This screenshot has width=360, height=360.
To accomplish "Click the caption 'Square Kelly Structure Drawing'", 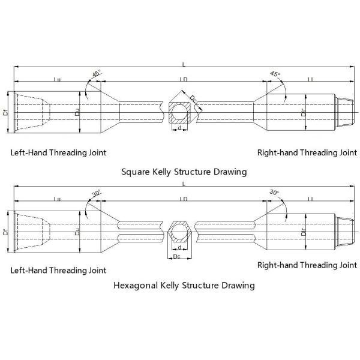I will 184,172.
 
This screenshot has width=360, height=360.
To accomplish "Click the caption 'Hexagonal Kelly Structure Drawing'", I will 184,285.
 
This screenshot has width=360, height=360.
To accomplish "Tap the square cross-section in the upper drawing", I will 180,112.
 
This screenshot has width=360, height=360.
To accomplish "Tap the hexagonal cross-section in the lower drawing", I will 180,232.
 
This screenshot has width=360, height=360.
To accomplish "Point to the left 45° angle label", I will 97,73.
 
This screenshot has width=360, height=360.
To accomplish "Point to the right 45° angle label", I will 275,73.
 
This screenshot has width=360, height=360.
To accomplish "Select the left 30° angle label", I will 97,193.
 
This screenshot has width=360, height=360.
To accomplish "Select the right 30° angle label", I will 275,193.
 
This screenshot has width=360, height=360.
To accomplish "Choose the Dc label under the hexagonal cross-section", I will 176,257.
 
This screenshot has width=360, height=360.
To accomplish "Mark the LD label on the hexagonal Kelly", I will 183,199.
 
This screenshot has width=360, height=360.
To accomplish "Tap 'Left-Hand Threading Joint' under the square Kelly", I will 58,152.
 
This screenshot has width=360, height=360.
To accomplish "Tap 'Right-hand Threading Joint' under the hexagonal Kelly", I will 307,265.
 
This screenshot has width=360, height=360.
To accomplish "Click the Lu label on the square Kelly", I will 56,79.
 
